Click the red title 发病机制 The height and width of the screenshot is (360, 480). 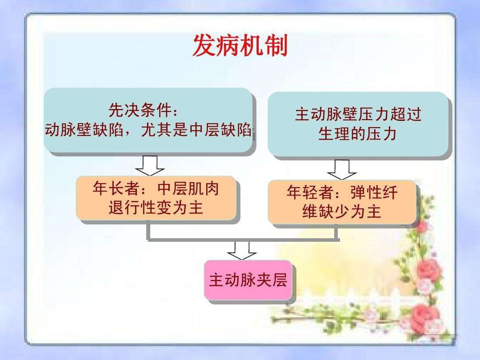pos(240,45)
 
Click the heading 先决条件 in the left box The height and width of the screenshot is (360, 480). pos(139,110)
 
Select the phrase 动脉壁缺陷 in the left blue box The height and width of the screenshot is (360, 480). pos(84,129)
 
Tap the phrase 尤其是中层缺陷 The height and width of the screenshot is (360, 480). pos(196,129)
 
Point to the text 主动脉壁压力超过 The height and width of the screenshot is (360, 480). pos(358,115)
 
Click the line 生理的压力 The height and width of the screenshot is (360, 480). pos(357,133)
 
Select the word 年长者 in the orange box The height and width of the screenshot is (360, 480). pos(116,188)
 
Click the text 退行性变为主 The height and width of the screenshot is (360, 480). pos(156,208)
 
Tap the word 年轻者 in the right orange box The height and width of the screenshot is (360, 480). pos(310,192)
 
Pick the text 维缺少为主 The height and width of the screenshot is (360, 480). pos(342,212)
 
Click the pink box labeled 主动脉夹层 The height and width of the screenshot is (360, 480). pos(248,280)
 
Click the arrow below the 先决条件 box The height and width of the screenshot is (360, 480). pos(150,166)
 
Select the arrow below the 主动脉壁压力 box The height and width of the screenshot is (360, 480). pos(342,170)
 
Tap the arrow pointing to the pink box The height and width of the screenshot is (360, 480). pos(242,251)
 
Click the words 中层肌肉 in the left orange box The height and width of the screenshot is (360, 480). pos(188,188)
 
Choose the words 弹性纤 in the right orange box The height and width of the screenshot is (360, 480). pos(374,192)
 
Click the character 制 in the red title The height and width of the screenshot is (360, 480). pos(276,45)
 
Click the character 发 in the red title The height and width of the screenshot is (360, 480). pos(204,45)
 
